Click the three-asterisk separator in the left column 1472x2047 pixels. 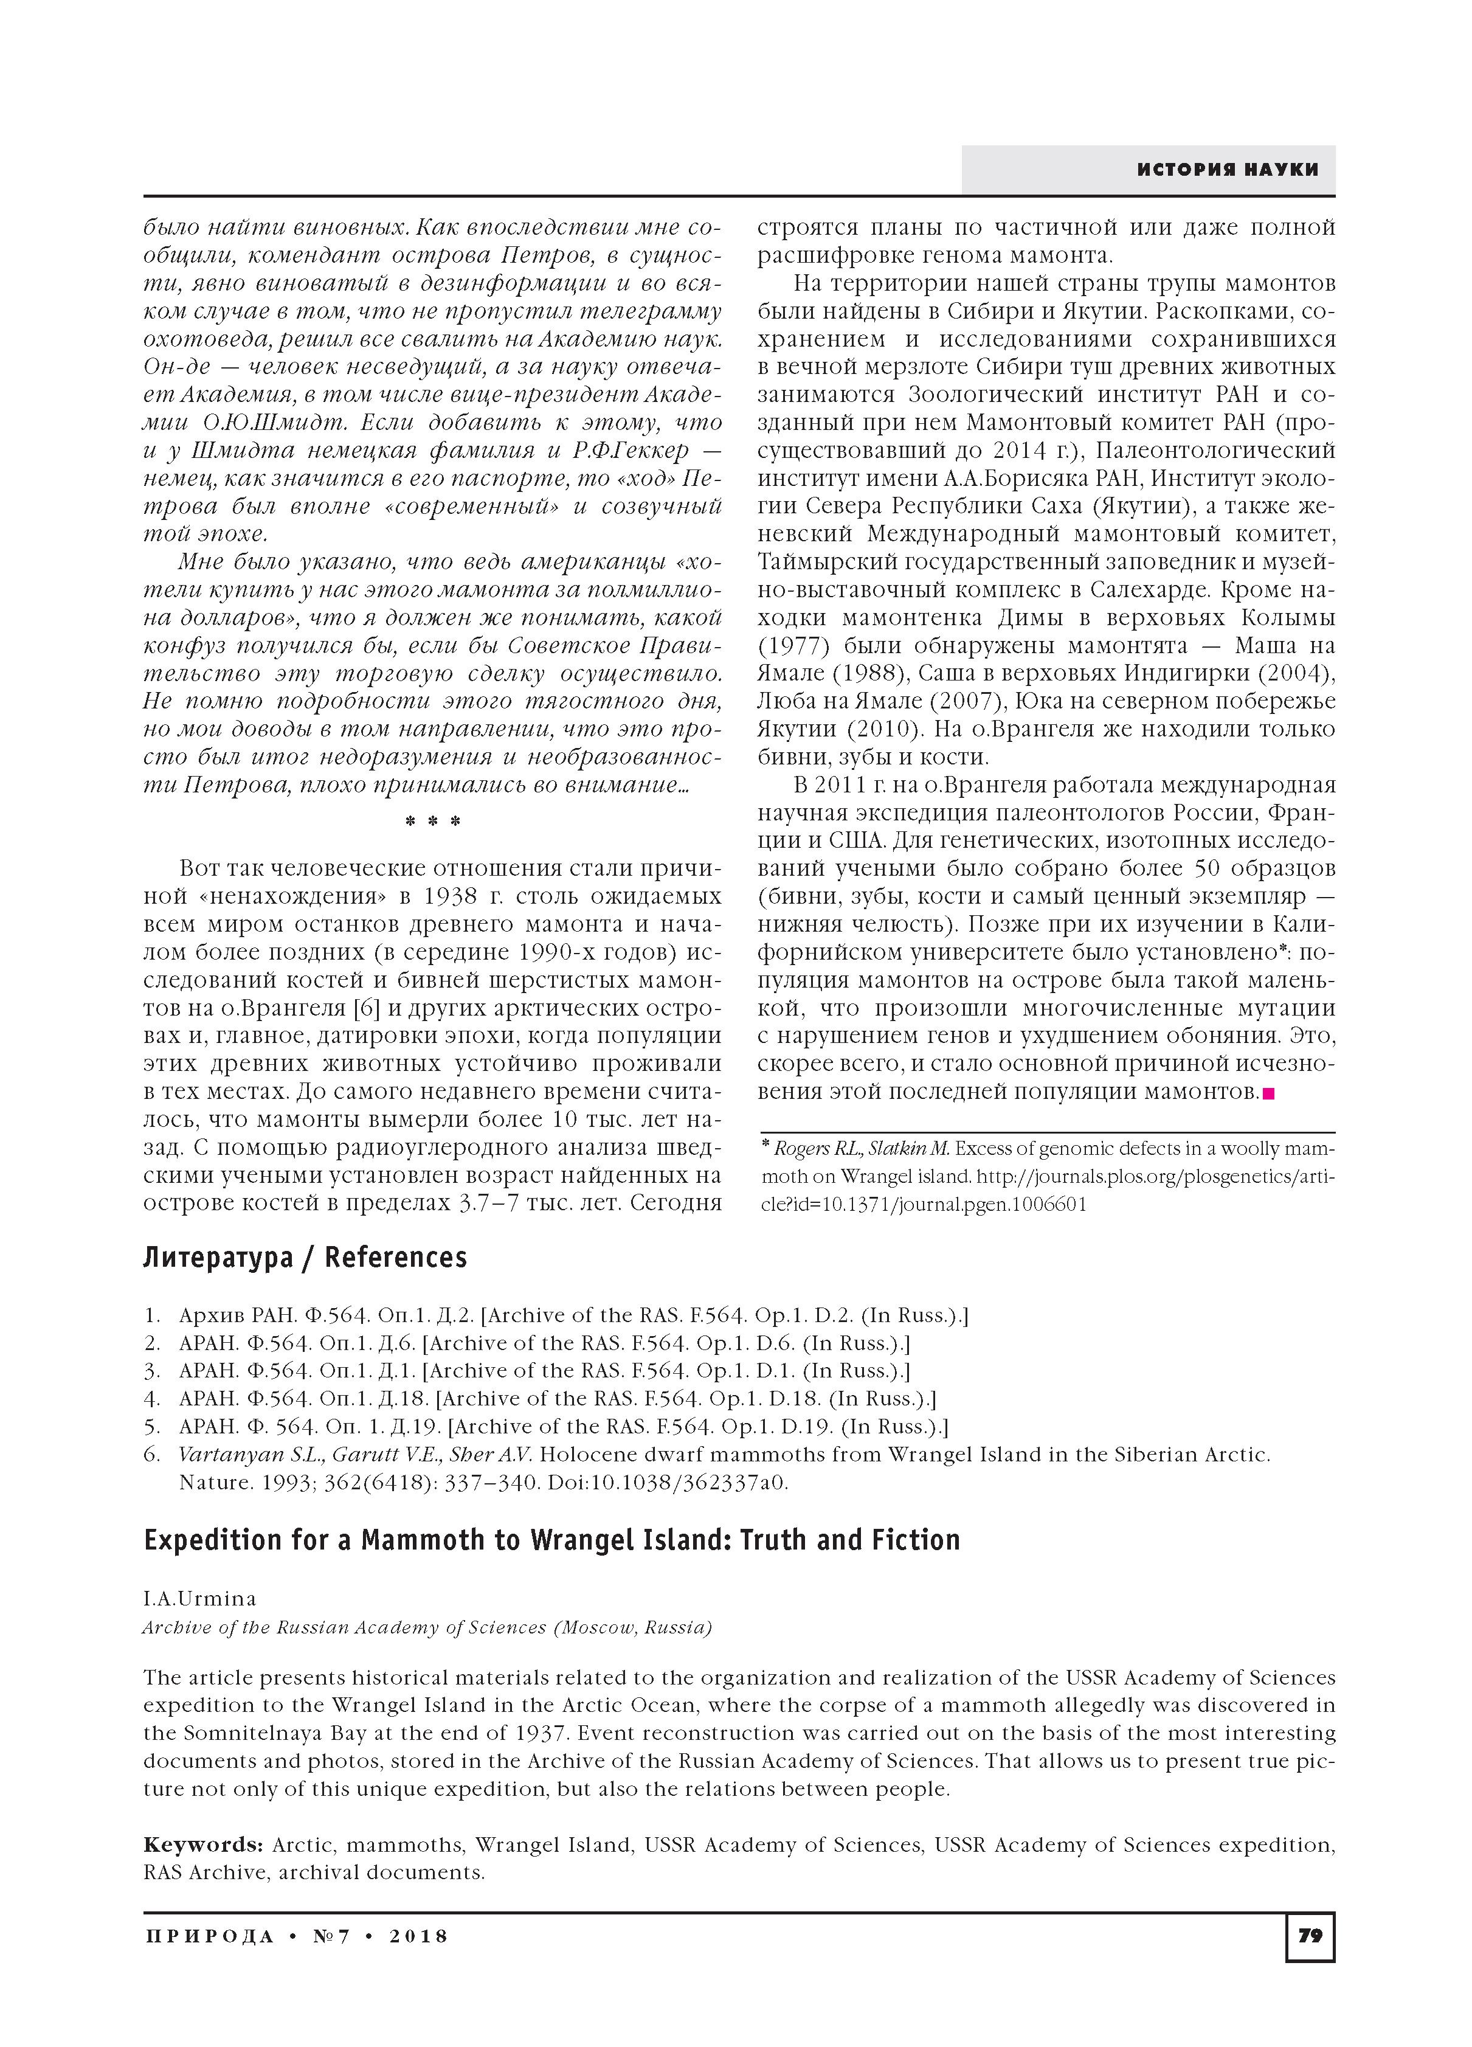433,822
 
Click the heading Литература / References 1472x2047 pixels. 305,1257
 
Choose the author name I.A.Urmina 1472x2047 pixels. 199,1598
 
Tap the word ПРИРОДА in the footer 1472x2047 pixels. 209,1936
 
